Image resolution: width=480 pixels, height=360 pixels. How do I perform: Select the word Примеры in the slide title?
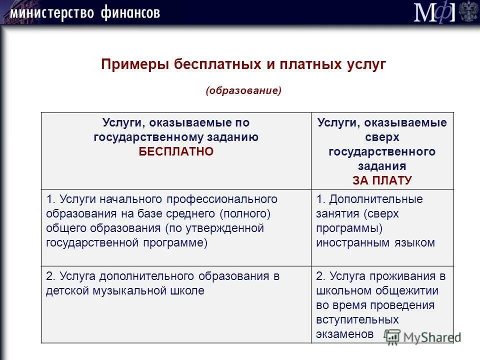134,65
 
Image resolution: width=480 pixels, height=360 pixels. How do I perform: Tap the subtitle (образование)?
243,90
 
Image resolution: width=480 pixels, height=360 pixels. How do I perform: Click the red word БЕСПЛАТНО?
176,151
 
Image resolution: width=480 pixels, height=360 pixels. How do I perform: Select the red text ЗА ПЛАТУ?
382,180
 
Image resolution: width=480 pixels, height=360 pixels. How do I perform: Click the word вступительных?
357,319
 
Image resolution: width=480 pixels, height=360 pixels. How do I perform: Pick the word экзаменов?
344,334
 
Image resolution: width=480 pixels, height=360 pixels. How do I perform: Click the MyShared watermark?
422,336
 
